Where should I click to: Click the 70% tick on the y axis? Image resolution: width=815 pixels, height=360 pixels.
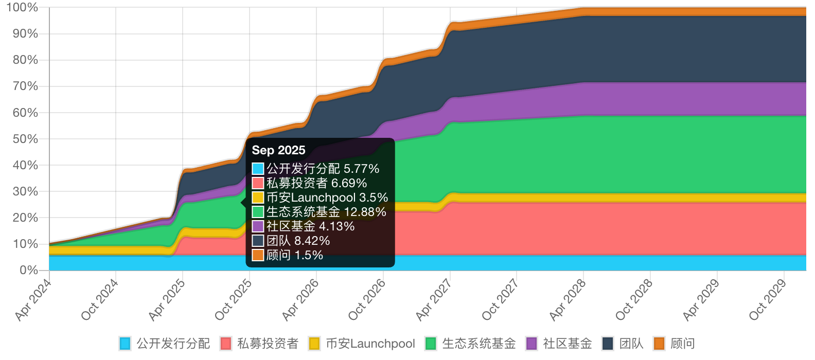pos(25,86)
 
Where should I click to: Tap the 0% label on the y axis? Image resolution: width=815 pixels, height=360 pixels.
pos(29,270)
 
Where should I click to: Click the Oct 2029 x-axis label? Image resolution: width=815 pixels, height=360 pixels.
pos(768,299)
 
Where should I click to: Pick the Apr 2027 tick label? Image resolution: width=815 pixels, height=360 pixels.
pos(434,299)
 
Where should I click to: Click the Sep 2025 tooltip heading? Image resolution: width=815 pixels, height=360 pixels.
pos(278,150)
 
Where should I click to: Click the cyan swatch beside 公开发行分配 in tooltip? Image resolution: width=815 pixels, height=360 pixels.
pos(258,169)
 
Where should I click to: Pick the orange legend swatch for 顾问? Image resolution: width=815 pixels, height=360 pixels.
pos(659,344)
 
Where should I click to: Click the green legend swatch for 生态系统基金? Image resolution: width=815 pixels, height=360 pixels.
pos(431,344)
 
